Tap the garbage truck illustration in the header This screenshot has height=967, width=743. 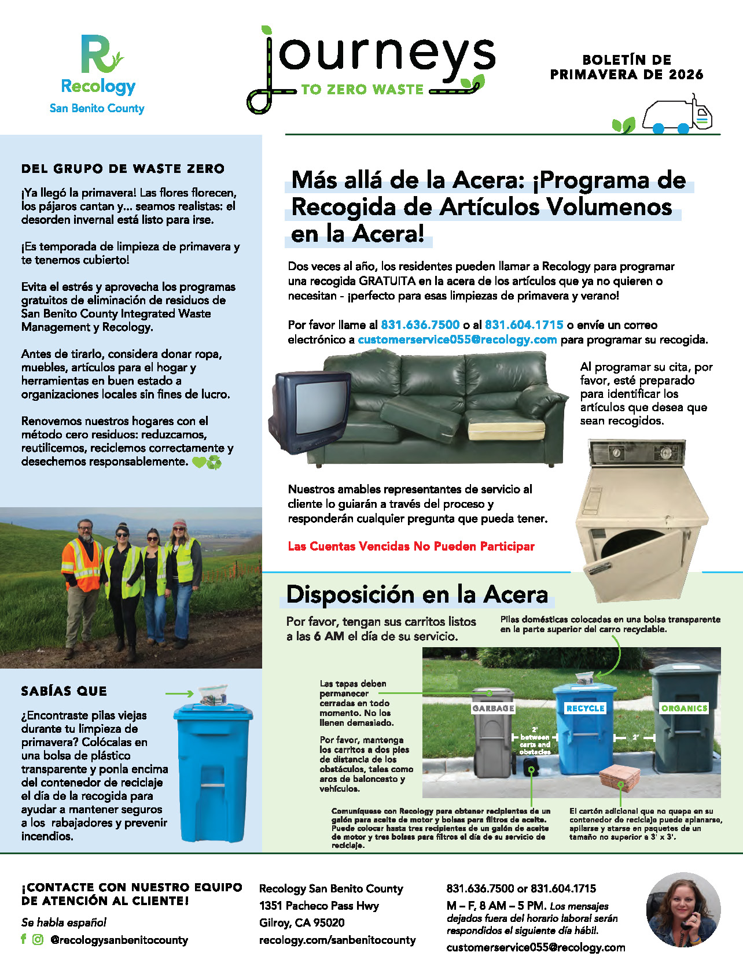coord(678,116)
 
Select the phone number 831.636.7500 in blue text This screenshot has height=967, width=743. coord(420,325)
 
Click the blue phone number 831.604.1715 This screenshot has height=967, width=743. coord(524,325)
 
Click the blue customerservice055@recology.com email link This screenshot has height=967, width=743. coord(457,339)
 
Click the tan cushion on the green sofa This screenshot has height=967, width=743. coord(493,431)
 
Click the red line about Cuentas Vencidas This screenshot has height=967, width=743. coord(411,546)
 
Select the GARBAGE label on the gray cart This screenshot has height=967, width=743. coord(493,708)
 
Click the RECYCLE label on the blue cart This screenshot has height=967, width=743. coord(585,708)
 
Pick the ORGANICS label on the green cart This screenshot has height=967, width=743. coord(685,708)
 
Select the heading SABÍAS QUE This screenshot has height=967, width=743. coord(64,691)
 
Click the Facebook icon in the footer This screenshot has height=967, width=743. coord(24,939)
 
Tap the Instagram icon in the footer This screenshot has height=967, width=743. coord(38,939)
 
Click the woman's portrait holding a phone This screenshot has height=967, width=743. coord(683,909)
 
